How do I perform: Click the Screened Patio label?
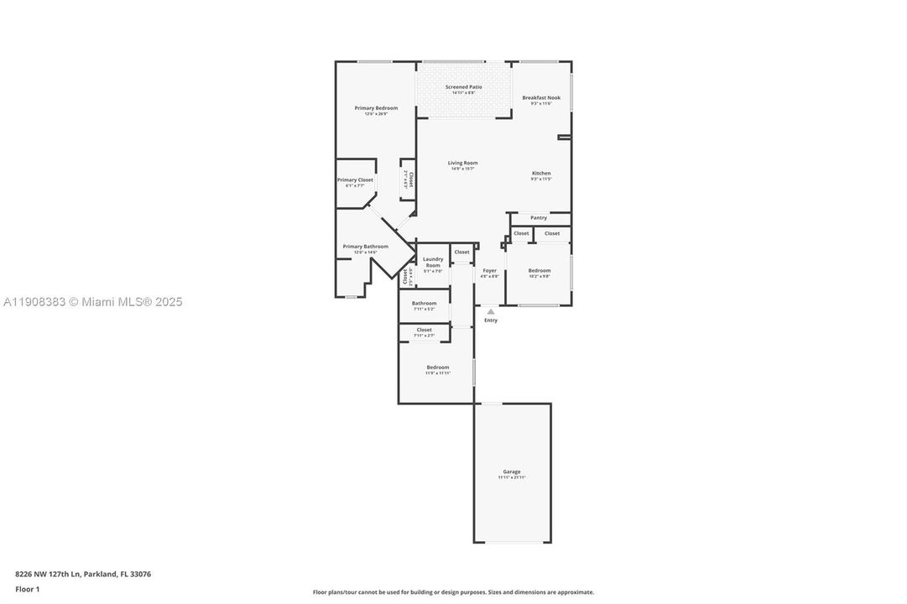click(x=463, y=87)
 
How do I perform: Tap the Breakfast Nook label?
click(x=541, y=98)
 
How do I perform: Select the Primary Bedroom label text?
click(x=376, y=108)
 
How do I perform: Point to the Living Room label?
click(x=462, y=163)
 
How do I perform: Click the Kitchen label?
click(x=541, y=174)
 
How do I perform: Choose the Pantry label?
click(x=539, y=218)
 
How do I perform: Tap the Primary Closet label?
click(x=355, y=180)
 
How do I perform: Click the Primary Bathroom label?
click(x=365, y=247)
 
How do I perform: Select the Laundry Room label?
click(x=433, y=262)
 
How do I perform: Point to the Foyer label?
click(x=489, y=271)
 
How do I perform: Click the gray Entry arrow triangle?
click(x=491, y=311)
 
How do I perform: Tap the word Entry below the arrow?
click(x=491, y=320)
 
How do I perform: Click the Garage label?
click(x=512, y=471)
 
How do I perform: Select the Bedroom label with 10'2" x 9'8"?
click(x=540, y=270)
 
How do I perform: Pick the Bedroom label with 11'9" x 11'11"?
click(x=437, y=367)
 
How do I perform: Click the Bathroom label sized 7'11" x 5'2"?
click(x=424, y=303)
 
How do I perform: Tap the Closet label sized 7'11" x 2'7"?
click(x=424, y=331)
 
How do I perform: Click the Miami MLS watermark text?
click(x=91, y=302)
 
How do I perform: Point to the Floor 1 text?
click(x=27, y=590)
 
